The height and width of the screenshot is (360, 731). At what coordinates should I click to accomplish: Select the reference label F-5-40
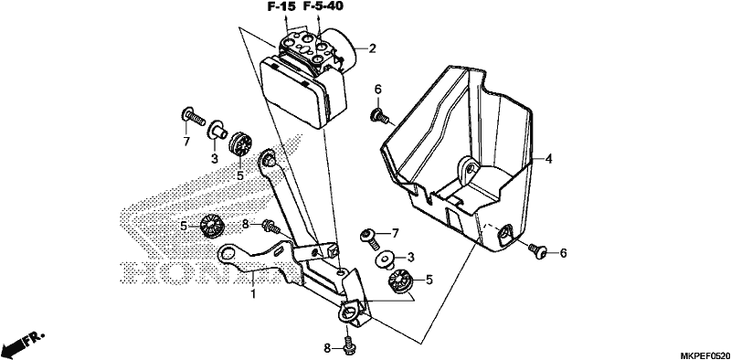pyautogui.click(x=323, y=6)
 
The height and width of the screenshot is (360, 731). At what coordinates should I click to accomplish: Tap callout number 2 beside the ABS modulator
pyautogui.click(x=372, y=48)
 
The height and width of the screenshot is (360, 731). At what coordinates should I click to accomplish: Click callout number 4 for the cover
pyautogui.click(x=549, y=159)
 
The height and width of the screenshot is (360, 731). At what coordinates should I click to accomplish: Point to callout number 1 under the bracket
pyautogui.click(x=254, y=294)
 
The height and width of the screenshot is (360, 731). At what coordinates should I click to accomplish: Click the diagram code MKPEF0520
pyautogui.click(x=705, y=355)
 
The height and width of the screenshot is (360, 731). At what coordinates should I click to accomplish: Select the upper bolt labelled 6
pyautogui.click(x=379, y=116)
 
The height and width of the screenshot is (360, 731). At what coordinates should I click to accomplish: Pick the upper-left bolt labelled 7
pyautogui.click(x=192, y=116)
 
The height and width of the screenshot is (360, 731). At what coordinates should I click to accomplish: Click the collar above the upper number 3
pyautogui.click(x=217, y=129)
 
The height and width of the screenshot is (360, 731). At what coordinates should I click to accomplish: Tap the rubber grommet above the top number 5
pyautogui.click(x=240, y=143)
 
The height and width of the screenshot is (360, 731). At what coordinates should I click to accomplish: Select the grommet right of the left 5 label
pyautogui.click(x=212, y=226)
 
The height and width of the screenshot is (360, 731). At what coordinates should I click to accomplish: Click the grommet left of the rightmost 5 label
pyautogui.click(x=400, y=281)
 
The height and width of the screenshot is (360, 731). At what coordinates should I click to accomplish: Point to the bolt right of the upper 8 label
pyautogui.click(x=270, y=227)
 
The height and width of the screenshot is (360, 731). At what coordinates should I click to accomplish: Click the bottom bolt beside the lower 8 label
pyautogui.click(x=347, y=345)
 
